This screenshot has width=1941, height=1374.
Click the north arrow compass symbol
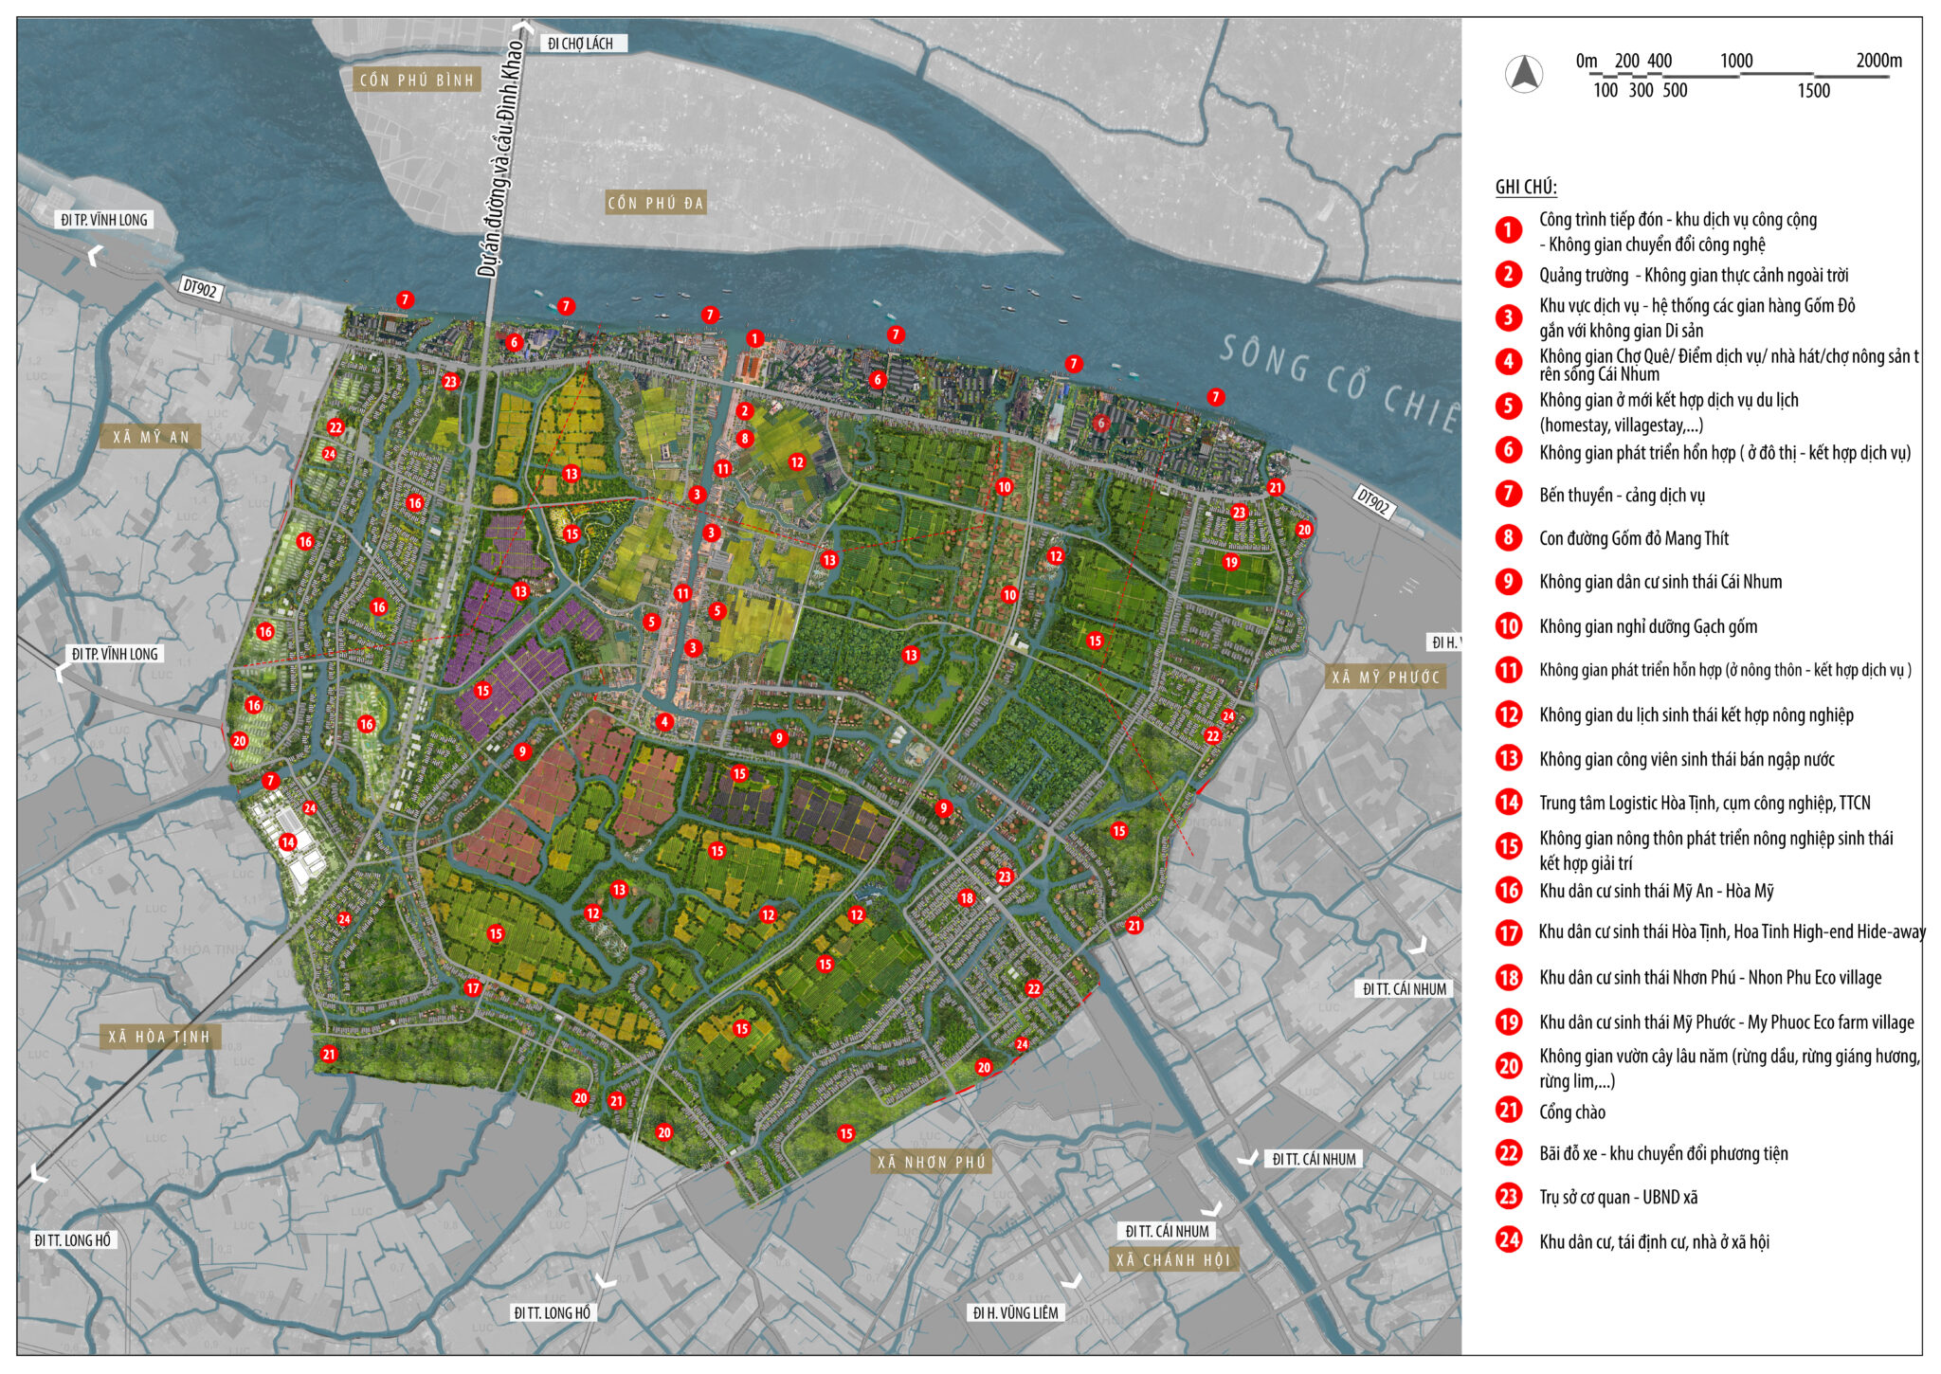(1524, 75)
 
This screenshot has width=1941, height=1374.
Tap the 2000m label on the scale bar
(1878, 61)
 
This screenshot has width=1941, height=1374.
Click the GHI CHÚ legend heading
(1526, 187)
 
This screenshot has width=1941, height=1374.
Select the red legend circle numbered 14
(1509, 803)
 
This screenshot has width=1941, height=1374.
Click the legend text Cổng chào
(1571, 1112)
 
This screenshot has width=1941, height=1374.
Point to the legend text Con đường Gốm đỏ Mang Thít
(1633, 539)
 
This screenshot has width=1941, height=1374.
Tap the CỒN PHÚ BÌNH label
(416, 80)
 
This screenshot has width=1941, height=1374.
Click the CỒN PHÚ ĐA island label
(655, 203)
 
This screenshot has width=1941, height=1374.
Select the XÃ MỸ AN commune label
(152, 437)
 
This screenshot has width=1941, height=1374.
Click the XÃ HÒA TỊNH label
(159, 1037)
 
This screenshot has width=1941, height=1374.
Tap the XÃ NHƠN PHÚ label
(931, 1163)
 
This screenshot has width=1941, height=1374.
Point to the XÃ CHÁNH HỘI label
(1172, 1260)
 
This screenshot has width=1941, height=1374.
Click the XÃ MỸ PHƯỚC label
(1386, 678)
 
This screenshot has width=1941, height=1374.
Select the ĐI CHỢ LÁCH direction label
(581, 44)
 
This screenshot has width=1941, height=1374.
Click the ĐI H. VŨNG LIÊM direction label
(1015, 1312)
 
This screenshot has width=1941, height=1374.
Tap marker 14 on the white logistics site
(287, 841)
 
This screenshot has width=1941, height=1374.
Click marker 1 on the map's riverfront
(754, 338)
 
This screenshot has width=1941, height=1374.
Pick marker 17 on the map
(473, 988)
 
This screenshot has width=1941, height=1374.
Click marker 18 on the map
(966, 898)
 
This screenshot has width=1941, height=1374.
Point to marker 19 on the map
(1230, 562)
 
